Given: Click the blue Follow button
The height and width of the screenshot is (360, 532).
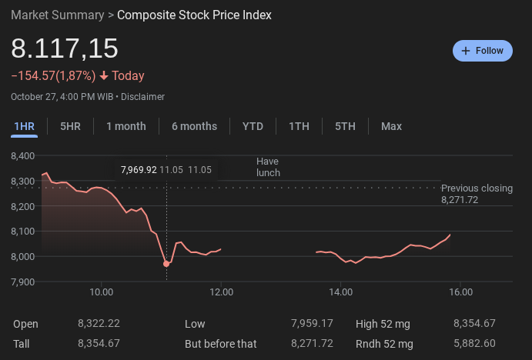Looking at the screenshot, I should [482, 51].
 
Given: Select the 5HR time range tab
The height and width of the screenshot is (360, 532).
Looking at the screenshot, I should [70, 126].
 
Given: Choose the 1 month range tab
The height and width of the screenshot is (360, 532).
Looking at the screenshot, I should [126, 126].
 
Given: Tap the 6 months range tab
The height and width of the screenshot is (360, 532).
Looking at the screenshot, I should [194, 126].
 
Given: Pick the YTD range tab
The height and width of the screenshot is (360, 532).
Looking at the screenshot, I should [253, 126].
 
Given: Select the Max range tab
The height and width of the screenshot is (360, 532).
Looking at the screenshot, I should [391, 126].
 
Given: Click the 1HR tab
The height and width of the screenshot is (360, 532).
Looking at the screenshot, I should [24, 126].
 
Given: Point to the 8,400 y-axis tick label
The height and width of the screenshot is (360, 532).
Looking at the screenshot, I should [23, 156].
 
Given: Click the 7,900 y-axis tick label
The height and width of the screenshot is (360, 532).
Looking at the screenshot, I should [23, 282].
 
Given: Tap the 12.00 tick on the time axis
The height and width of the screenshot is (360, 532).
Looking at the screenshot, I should [221, 292].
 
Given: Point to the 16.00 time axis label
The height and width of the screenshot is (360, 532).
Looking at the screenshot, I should [460, 292].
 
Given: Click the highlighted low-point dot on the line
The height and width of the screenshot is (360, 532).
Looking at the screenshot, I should [166, 264].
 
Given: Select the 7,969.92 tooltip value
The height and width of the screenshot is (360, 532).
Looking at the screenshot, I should [139, 169].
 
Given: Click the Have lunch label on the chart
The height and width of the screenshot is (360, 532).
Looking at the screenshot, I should [268, 167].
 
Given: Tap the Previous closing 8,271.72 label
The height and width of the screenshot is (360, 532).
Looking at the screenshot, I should [477, 194].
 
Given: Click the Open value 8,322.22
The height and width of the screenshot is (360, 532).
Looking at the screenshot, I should [99, 324].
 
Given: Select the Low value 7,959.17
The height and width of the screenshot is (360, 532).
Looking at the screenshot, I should [313, 324].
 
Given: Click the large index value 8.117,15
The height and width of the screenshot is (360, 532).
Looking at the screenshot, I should [65, 48].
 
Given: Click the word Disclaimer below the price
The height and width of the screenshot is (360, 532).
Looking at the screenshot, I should [142, 97].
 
